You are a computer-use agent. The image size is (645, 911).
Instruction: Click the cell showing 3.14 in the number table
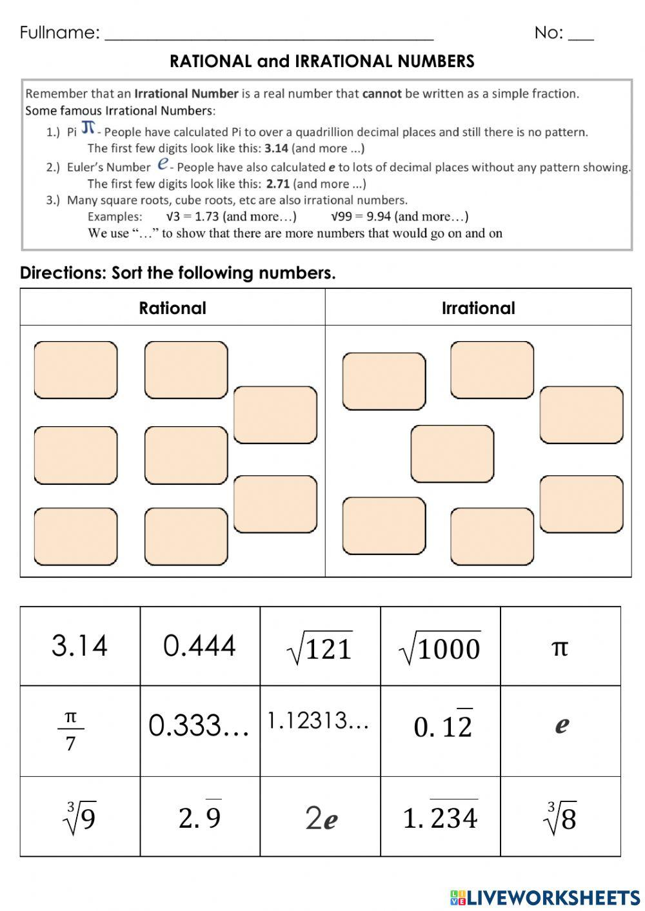pos(79,646)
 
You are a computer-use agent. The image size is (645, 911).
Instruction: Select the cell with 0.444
pos(200,646)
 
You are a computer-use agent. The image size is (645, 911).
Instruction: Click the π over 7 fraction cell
pos(71,731)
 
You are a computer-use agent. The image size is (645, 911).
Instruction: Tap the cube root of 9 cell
pos(79,818)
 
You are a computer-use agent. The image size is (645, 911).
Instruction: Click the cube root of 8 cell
pos(560,818)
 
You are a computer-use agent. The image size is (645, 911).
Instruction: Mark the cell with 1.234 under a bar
pos(441,818)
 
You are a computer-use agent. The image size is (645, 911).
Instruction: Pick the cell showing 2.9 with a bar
pos(200,817)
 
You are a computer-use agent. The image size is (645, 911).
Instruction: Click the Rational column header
pos(172,308)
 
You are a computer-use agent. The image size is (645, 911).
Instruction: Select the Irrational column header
pos(478,308)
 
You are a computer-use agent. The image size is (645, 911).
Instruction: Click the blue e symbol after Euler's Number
pos(163,164)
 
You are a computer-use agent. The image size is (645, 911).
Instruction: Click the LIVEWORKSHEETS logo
pos(545,897)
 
